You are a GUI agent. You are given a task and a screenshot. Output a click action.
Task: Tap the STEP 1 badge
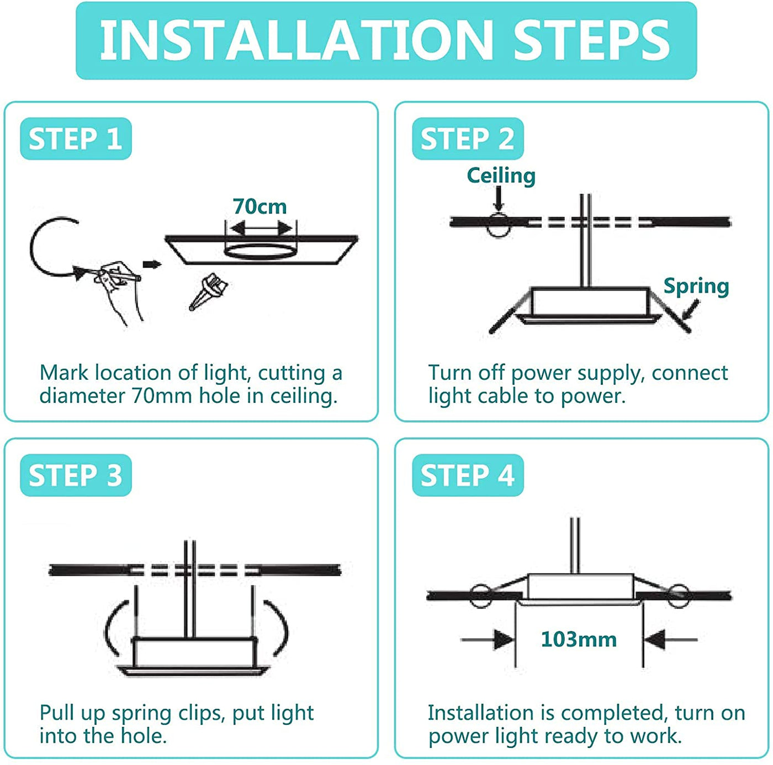76,139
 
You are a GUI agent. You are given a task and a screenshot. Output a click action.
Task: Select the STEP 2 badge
468,139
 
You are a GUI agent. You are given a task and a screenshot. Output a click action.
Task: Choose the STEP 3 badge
76,475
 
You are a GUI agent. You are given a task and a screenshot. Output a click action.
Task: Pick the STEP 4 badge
468,475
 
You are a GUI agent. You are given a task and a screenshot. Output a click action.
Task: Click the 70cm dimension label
260,207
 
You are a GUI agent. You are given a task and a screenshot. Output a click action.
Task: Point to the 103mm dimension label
579,639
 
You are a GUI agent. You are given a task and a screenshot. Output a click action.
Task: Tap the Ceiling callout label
501,176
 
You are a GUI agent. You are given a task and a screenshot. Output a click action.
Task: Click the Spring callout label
696,287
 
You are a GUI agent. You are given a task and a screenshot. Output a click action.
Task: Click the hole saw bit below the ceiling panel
208,291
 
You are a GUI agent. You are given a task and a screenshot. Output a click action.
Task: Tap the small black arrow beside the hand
152,264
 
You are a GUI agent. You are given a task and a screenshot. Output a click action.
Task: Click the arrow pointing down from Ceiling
499,199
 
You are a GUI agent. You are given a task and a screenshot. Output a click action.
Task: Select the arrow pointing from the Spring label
691,310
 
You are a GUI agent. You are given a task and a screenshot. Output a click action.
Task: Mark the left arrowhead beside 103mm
504,640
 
